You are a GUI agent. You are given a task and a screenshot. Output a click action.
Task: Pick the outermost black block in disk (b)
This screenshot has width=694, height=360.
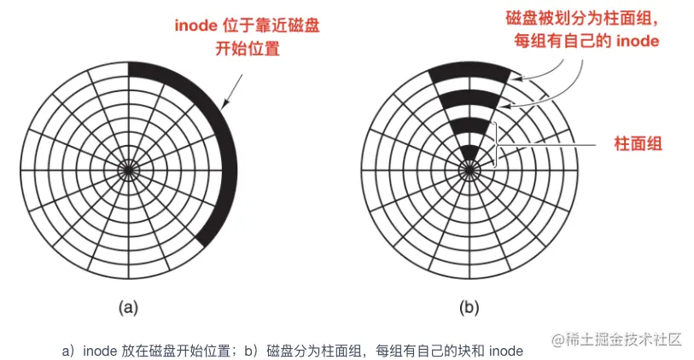pos(469,73)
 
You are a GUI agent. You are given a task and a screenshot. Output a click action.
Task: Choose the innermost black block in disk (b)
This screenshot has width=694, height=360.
pos(469,153)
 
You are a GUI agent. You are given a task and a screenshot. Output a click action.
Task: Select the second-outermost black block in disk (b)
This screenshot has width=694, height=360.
pos(469,99)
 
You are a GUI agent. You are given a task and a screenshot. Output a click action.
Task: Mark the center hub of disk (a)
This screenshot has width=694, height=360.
pos(128,170)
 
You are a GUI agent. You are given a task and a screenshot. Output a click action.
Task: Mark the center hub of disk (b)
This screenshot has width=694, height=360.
pos(469,170)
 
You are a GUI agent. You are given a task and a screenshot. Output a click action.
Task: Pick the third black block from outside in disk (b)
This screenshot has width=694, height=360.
pos(469,125)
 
